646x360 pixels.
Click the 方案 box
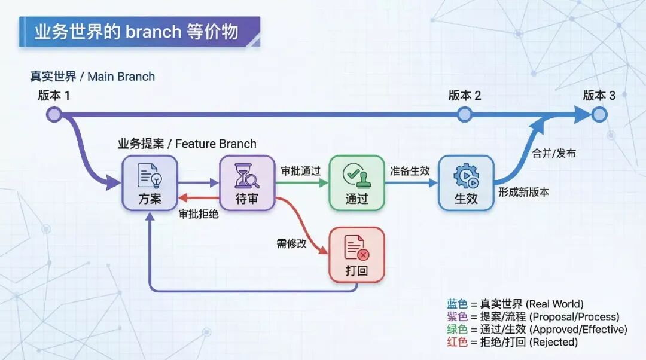(x=150, y=183)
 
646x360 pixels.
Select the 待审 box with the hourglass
(x=246, y=183)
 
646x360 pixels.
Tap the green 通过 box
(x=356, y=183)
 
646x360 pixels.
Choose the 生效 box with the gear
(x=466, y=183)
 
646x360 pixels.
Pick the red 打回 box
(x=356, y=255)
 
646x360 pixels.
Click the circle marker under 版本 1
(x=54, y=114)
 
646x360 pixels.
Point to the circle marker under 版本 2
(x=465, y=114)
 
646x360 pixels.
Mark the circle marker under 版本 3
(x=599, y=114)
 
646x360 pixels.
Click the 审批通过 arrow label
(x=301, y=171)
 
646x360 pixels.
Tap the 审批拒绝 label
(x=199, y=214)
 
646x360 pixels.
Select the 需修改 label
(x=291, y=243)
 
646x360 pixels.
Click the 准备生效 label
(x=410, y=171)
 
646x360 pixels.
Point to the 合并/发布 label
(x=554, y=153)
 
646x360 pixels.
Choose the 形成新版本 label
(x=524, y=193)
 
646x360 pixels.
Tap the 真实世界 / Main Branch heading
(x=93, y=77)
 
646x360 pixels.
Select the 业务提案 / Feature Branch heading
(x=187, y=144)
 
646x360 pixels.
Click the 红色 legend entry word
(x=457, y=342)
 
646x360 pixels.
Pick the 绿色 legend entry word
(x=457, y=330)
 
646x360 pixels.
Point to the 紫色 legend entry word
(x=457, y=317)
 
